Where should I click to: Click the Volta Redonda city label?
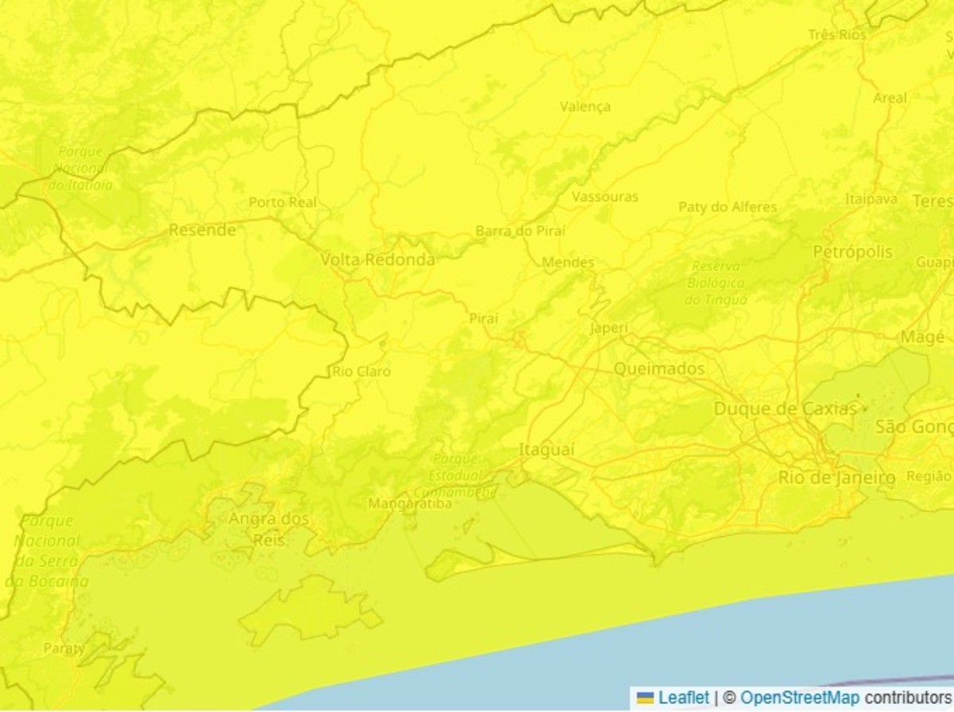[x=378, y=260]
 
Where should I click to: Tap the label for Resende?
[x=202, y=230]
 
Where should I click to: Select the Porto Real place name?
[x=282, y=202]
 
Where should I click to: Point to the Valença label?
[x=585, y=107]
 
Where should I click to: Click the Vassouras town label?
[x=605, y=196]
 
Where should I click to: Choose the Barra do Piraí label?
[x=521, y=231]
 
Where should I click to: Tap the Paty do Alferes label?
[x=727, y=207]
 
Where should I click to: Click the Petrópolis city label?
[x=852, y=252]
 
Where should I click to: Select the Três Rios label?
[x=836, y=35]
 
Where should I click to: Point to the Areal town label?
[x=890, y=98]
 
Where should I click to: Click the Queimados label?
[x=659, y=368]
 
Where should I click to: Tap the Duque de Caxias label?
[x=785, y=409]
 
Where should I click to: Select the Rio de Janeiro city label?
[x=836, y=477]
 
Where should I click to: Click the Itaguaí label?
[x=546, y=449]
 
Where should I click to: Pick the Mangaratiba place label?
[x=410, y=504]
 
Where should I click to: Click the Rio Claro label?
[x=361, y=372]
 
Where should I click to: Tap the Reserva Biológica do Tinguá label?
[x=716, y=282]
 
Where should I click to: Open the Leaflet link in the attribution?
[x=683, y=698]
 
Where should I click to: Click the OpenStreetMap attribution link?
[x=799, y=698]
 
